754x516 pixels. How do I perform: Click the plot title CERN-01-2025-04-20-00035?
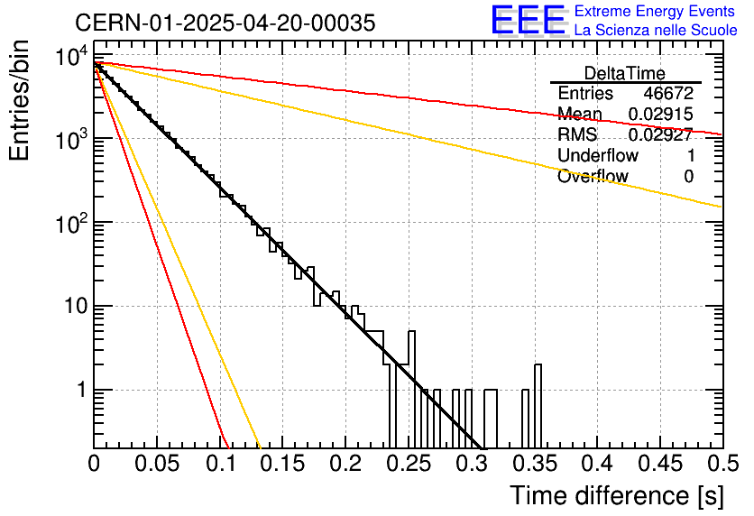point(225,23)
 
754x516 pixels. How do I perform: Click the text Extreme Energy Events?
point(655,11)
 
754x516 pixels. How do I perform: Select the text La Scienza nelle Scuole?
point(656,31)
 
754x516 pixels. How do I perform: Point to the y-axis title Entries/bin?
point(19,100)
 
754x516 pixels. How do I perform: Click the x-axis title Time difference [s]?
point(617,495)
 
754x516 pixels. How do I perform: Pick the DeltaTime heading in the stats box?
point(625,73)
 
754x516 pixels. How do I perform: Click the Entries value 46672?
point(668,93)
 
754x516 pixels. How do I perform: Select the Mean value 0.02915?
point(661,114)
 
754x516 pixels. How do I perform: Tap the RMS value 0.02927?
point(661,134)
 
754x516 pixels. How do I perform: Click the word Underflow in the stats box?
point(598,155)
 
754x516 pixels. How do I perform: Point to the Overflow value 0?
point(688,177)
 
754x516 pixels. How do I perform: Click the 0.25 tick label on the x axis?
point(409,464)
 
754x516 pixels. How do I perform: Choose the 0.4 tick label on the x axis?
point(598,464)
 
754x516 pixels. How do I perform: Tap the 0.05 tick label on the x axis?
point(157,464)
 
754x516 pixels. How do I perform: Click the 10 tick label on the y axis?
point(77,306)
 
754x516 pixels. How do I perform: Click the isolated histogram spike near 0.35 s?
point(538,406)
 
